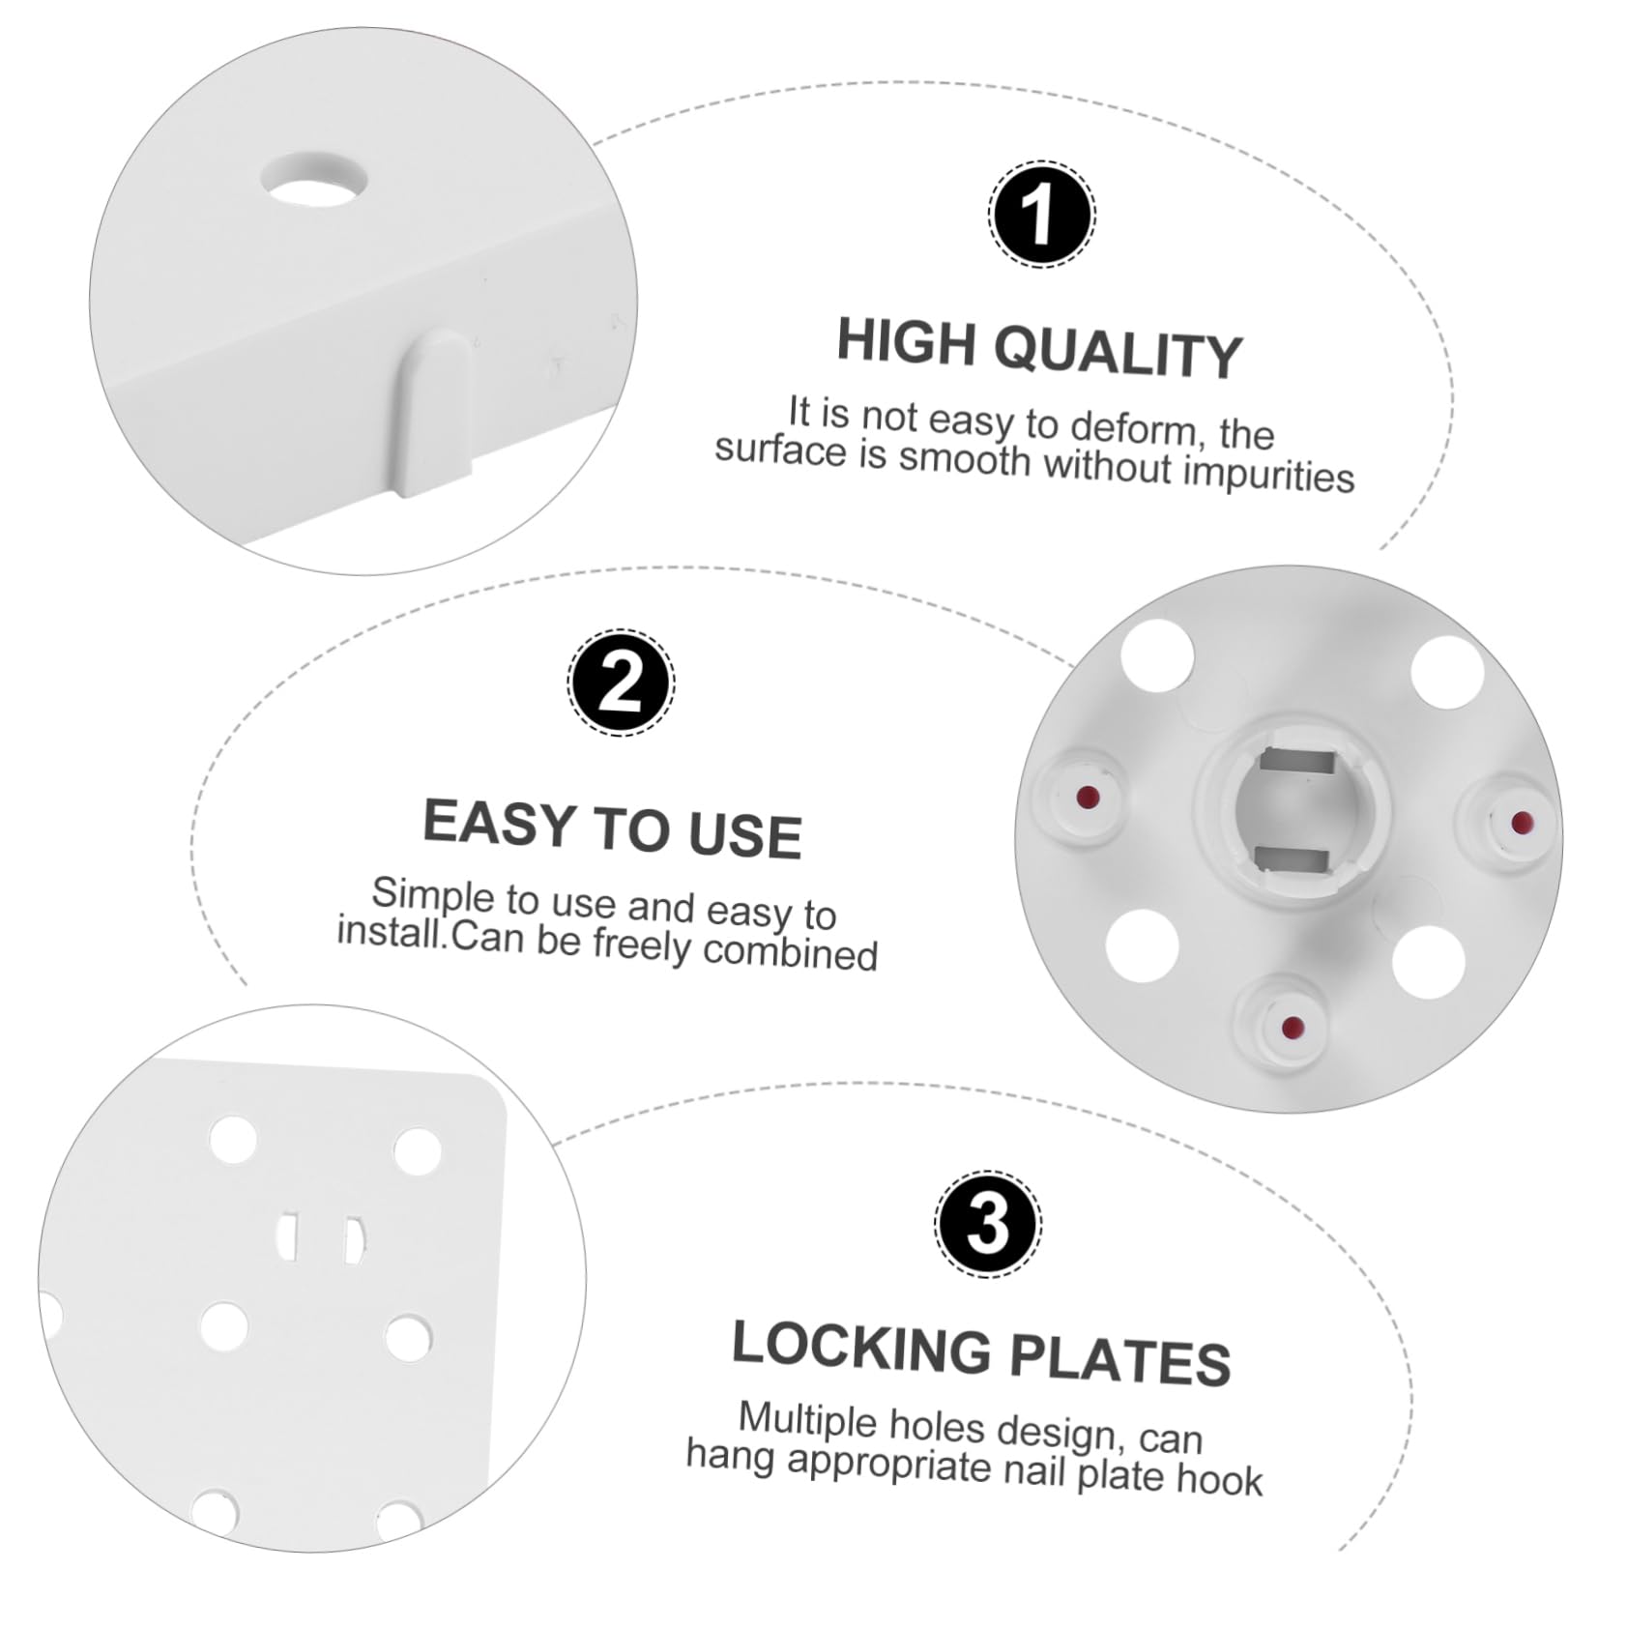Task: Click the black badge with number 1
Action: click(x=1041, y=215)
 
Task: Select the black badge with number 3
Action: click(x=988, y=1225)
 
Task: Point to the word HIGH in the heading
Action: click(x=906, y=341)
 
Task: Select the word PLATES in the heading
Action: click(x=1120, y=1361)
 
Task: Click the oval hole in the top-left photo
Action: click(x=315, y=179)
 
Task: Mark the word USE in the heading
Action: click(x=745, y=834)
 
